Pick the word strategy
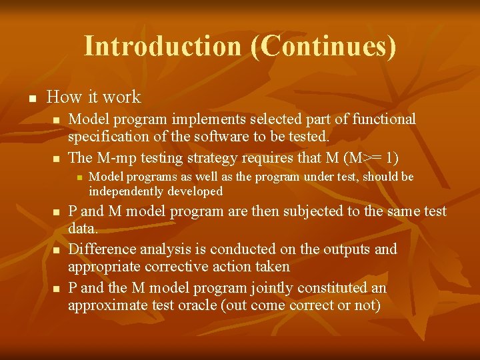point(224,158)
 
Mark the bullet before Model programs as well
point(78,177)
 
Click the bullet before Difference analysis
point(56,250)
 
